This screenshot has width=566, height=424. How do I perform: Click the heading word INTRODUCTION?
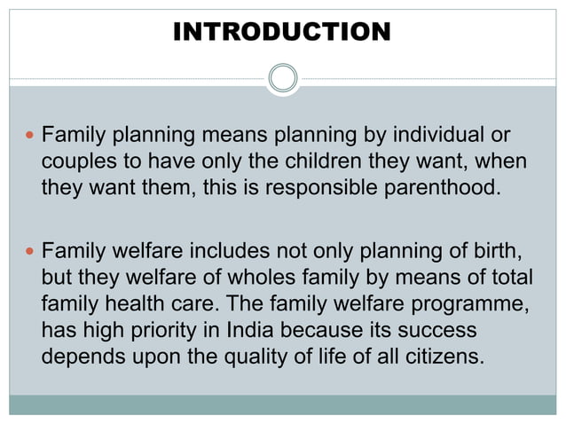[282, 33]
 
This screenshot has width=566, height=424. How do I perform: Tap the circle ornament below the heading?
[282, 78]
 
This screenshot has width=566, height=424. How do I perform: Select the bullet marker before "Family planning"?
[28, 137]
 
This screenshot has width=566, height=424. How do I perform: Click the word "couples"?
[77, 163]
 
